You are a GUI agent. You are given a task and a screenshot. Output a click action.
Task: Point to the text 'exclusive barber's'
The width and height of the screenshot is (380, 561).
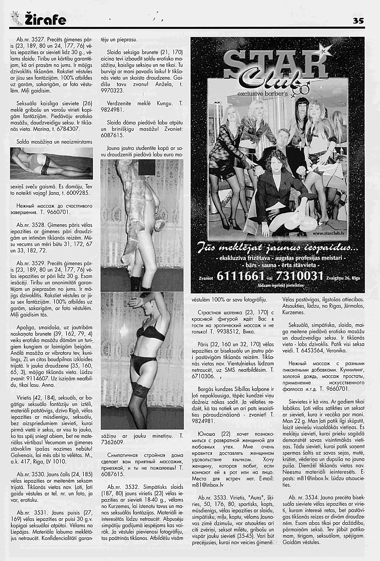pyautogui.click(x=263, y=94)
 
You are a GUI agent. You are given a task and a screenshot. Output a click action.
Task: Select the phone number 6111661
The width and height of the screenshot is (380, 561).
pyautogui.click(x=241, y=276)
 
